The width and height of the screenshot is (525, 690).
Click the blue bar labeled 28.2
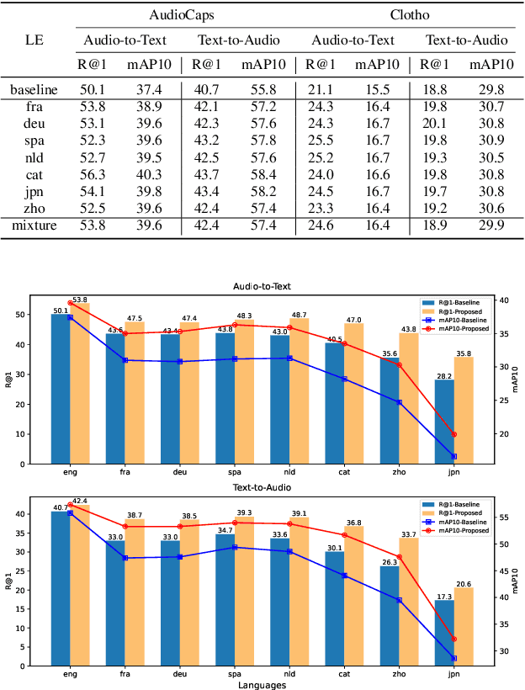[x=444, y=422]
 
